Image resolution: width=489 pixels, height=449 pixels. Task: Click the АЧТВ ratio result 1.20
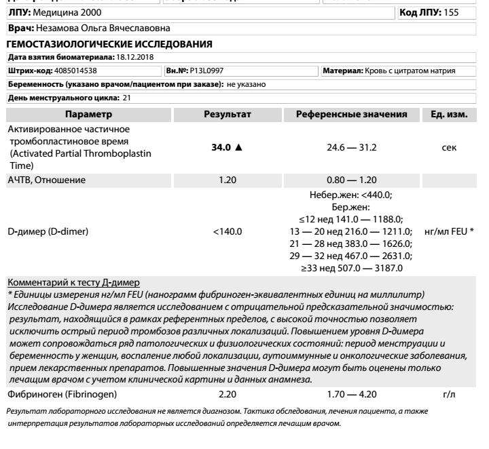(x=228, y=180)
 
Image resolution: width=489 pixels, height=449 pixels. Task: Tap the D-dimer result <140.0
(x=228, y=231)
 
